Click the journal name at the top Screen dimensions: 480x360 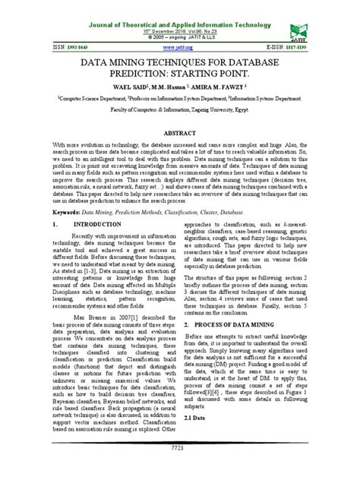pos(180,6)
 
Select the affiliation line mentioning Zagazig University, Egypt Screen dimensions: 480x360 pos(180,110)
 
